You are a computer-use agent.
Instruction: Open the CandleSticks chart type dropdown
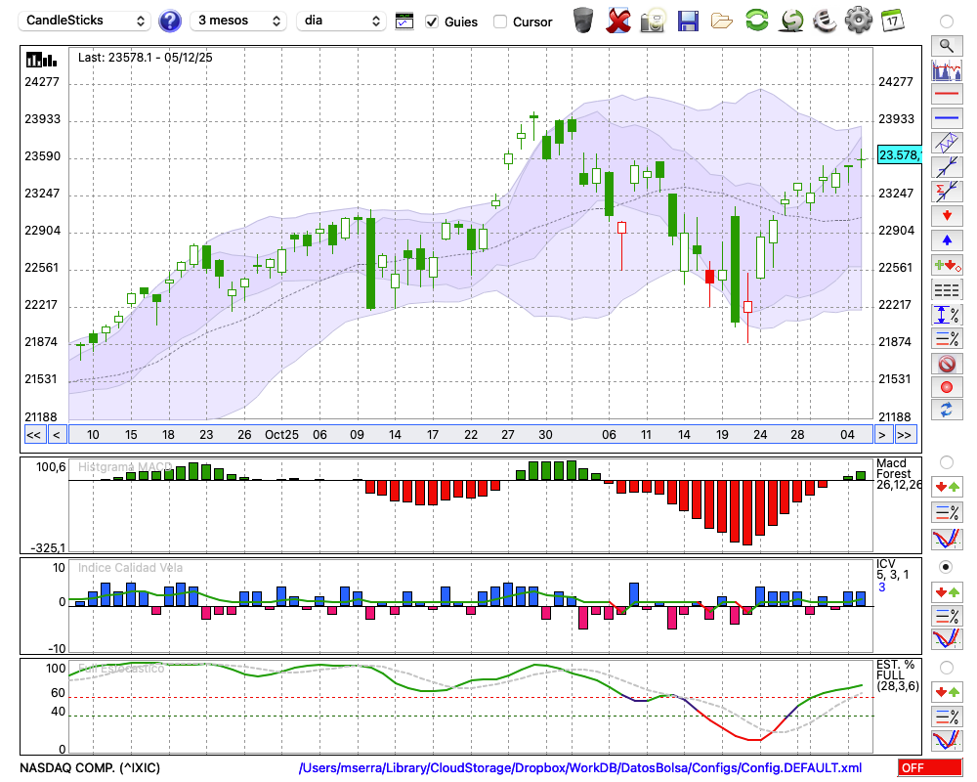(x=86, y=21)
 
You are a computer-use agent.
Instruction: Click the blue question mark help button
(x=170, y=21)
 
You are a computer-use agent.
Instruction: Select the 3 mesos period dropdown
(x=239, y=21)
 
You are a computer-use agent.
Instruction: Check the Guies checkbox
(x=432, y=22)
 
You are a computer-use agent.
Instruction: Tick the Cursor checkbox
(x=500, y=22)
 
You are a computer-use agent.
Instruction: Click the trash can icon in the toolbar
(x=583, y=20)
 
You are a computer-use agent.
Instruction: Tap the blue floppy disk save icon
(x=687, y=20)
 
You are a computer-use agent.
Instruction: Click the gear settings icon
(x=858, y=20)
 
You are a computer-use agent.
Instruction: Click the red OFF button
(x=929, y=768)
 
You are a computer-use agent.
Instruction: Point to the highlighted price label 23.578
(x=898, y=155)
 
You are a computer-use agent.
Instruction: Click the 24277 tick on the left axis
(x=42, y=82)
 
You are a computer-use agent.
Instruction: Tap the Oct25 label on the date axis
(x=281, y=435)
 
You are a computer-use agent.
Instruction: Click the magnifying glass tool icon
(x=946, y=45)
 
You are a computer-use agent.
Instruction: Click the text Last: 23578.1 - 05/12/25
(x=146, y=58)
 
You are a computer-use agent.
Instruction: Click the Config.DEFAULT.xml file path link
(x=580, y=768)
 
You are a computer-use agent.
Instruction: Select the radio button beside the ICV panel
(x=946, y=567)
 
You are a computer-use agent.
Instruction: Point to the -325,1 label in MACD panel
(x=47, y=548)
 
